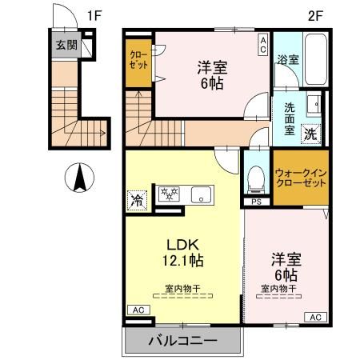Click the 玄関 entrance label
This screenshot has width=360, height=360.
pos(66,45)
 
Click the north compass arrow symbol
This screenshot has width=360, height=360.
pos(79,178)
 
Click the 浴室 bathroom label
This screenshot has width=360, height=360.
pos(286,59)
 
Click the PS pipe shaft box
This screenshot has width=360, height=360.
pos(256,202)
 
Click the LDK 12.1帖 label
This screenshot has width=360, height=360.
pos(185,251)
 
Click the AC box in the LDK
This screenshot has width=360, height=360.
pos(136,310)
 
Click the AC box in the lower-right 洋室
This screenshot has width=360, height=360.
pos(314,317)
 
